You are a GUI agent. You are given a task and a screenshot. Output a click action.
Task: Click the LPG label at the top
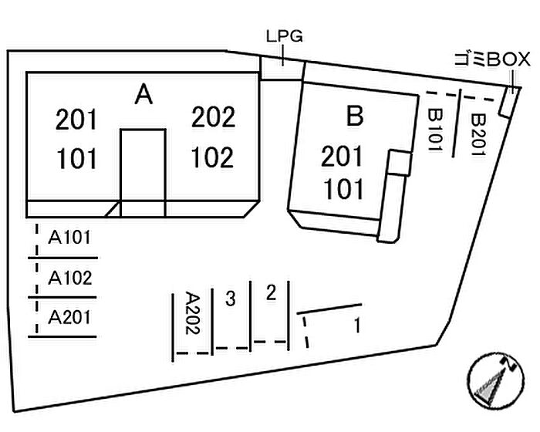click(x=284, y=36)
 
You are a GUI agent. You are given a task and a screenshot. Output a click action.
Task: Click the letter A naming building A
click(x=143, y=95)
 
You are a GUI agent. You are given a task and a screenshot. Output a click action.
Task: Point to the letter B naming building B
click(x=354, y=116)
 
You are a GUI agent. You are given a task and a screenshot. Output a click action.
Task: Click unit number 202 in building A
click(x=213, y=118)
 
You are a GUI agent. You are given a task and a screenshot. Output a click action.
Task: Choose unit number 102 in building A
click(x=212, y=157)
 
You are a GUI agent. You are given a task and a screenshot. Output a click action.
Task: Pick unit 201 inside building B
click(x=343, y=157)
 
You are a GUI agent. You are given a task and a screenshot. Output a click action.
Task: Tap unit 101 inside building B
click(x=343, y=188)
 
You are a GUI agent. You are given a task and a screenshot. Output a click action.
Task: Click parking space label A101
click(x=70, y=238)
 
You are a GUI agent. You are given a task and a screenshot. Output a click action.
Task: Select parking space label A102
click(x=70, y=278)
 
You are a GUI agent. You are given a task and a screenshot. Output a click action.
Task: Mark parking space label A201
click(x=70, y=317)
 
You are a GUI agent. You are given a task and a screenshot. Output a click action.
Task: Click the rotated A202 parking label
click(x=194, y=313)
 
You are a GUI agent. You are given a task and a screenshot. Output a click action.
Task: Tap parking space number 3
click(x=230, y=299)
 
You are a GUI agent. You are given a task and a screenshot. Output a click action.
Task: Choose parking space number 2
click(x=270, y=292)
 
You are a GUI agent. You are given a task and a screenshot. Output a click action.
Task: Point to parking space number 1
click(x=356, y=326)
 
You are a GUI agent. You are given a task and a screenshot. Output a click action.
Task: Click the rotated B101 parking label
click(x=436, y=130)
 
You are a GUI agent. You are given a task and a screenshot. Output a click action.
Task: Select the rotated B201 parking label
click(x=477, y=134)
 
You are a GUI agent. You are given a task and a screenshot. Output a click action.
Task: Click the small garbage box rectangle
click(x=508, y=102)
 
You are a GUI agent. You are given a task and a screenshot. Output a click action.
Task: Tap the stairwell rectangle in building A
click(x=143, y=171)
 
